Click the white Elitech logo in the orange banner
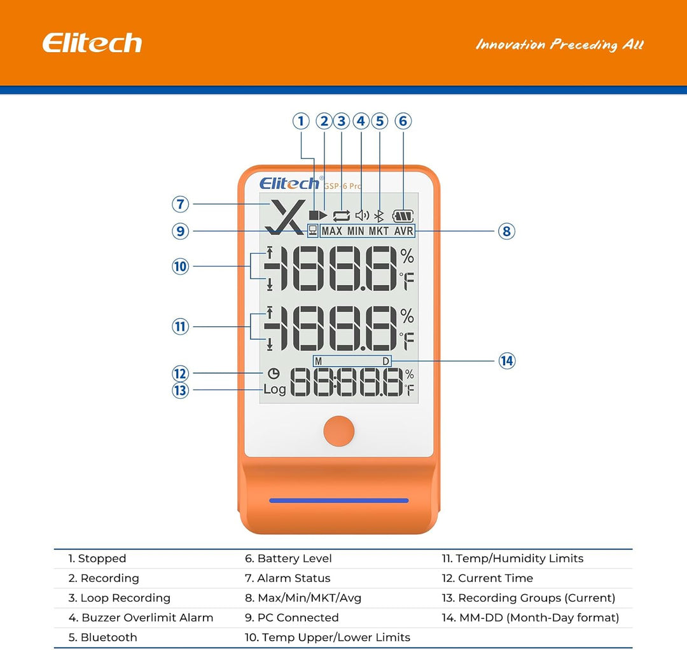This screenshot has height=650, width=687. tap(92, 43)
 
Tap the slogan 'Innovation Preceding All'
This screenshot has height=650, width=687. tap(560, 45)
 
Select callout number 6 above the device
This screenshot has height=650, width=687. tap(403, 121)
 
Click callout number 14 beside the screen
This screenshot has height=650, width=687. tap(506, 361)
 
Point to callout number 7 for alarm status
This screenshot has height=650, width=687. tap(181, 204)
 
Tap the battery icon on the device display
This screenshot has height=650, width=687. tap(403, 216)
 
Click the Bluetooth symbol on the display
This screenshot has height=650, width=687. tap(379, 216)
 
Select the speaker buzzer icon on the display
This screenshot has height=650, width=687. tap(362, 216)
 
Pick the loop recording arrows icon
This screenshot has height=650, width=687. tap(342, 216)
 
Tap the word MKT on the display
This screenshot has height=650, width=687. tap(380, 231)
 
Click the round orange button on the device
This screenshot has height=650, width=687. tap(339, 431)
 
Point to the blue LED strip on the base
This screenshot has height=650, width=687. tap(339, 501)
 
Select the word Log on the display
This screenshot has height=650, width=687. tap(275, 389)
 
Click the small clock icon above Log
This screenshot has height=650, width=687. tap(274, 375)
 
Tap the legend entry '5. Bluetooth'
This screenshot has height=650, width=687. tap(102, 637)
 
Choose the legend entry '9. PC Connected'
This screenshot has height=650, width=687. tap(291, 618)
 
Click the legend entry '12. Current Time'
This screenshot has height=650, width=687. tap(487, 578)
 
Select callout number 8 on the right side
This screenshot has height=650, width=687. tap(506, 231)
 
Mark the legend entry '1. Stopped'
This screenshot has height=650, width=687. tap(97, 558)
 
